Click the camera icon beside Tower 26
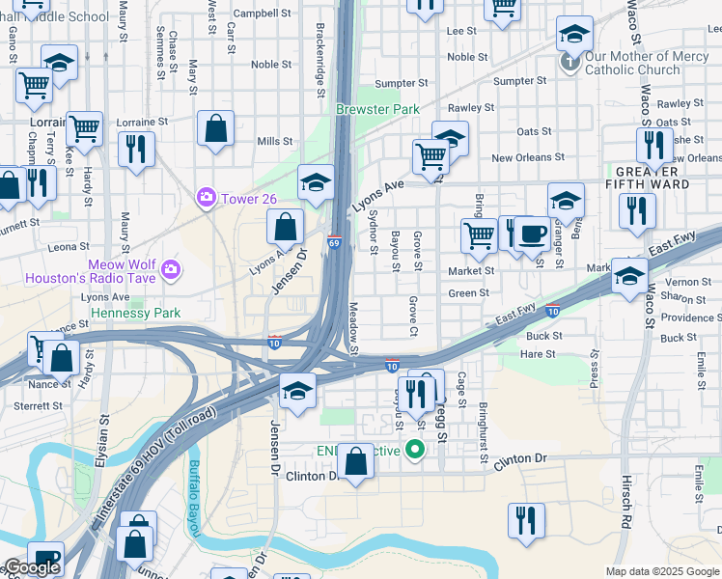pos(206,198)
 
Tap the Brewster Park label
pos(377,109)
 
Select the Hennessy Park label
pos(135,314)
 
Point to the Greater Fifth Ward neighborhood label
pos(647,177)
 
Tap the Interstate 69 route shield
pos(333,241)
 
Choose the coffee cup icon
pos(532,233)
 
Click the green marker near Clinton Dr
pos(415,449)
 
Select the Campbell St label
pos(263,14)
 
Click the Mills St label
pos(274,141)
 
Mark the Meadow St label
pos(352,328)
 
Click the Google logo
pos(32,567)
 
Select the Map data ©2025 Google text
pos(661,571)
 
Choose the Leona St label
pos(69,247)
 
